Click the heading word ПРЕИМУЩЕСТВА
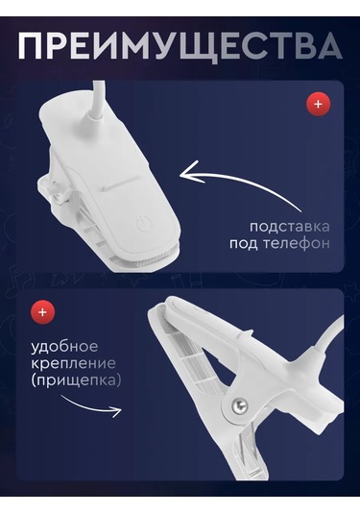coord(180,45)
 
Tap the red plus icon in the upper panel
coord(318,105)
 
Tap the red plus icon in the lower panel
coord(42,312)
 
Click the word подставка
coord(290,227)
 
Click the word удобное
coord(64,347)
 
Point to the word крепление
coord(73,364)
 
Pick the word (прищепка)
coord(76,380)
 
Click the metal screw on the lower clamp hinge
coord(239,406)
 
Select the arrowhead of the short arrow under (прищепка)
coord(116,410)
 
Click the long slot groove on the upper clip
coord(119,184)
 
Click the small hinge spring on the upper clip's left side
coord(58,192)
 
